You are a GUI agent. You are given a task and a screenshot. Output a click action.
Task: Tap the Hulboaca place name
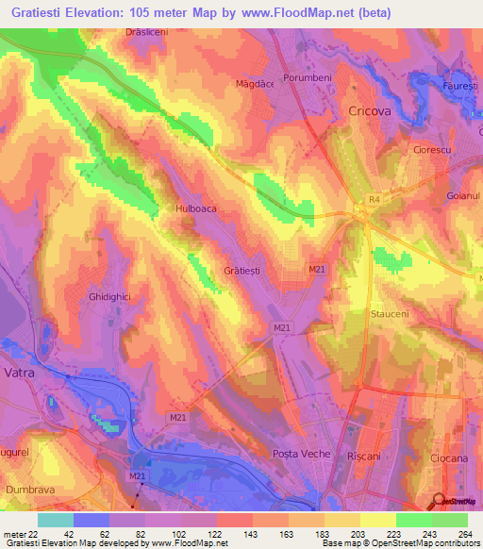(x=195, y=210)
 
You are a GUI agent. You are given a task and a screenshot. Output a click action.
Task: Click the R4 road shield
(x=374, y=199)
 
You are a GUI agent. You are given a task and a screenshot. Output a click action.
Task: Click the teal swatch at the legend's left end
(x=56, y=520)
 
